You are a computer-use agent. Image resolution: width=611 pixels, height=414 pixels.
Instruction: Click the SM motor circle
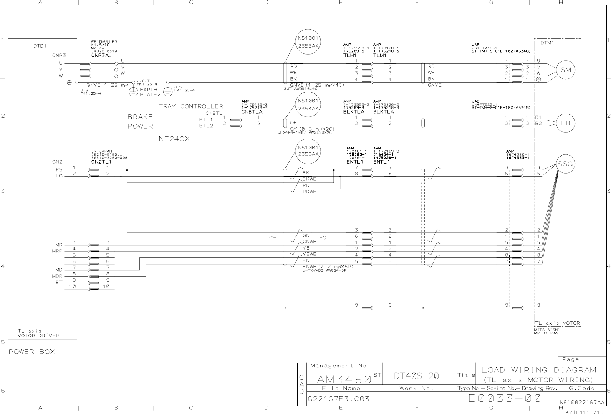tap(566, 70)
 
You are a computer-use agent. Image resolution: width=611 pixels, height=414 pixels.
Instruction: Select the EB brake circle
tap(566, 123)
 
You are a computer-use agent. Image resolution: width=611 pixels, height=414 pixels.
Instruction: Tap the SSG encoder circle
tap(566, 164)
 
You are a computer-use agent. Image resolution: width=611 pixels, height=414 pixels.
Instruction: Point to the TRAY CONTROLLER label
tap(191, 106)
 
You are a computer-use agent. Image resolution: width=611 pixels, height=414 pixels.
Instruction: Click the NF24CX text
tap(174, 139)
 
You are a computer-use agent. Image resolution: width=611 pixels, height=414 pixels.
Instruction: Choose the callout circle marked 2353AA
tap(308, 42)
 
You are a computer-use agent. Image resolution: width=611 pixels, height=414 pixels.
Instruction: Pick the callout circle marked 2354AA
tap(308, 104)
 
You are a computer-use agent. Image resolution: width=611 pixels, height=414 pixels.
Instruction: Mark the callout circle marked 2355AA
tap(308, 151)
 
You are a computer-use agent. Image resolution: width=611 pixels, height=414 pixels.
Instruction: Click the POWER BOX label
tap(32, 352)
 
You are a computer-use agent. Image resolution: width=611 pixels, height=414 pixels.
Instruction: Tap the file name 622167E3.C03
tap(338, 399)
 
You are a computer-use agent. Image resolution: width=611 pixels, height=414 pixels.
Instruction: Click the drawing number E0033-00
tap(505, 399)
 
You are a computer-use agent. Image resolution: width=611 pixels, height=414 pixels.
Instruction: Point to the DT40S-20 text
tap(416, 376)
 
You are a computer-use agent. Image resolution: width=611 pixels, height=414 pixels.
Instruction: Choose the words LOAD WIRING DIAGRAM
tap(539, 370)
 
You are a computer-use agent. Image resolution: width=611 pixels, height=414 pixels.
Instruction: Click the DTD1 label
tap(40, 46)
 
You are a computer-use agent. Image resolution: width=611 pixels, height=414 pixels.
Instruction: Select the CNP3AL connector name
tap(101, 55)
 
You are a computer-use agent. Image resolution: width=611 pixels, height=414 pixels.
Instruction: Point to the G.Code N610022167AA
tap(582, 402)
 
